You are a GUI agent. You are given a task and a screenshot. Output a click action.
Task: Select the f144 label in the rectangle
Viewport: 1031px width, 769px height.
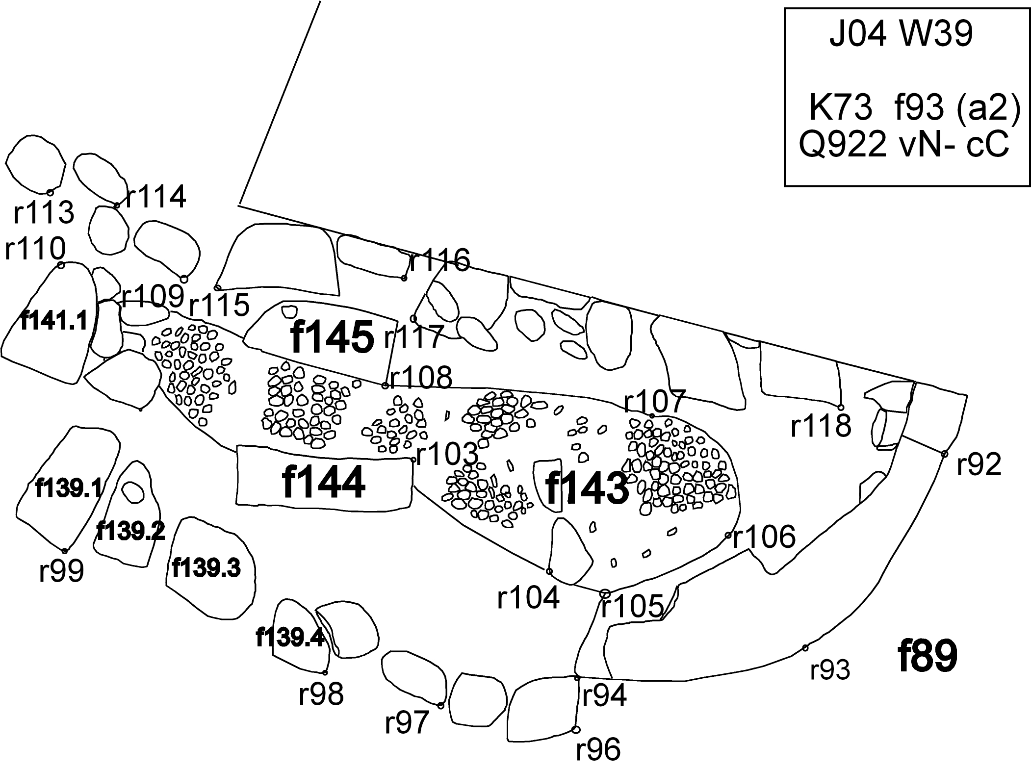tap(324, 483)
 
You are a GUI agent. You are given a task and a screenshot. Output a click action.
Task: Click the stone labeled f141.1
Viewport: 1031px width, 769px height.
tap(54, 322)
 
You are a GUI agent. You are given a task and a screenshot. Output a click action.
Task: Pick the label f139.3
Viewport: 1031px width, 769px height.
tap(206, 568)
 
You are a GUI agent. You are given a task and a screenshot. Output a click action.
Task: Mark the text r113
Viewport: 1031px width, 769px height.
tap(44, 212)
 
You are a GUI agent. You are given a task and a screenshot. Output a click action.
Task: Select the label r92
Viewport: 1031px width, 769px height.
tap(979, 464)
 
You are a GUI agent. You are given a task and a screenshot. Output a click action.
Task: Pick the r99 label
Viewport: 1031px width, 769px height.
tap(61, 571)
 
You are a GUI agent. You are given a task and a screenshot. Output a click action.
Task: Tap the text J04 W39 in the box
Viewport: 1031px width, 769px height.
tap(901, 35)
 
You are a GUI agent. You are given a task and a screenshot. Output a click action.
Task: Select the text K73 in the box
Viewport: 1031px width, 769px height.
tap(840, 108)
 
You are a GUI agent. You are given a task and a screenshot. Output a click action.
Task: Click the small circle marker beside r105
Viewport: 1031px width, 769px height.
tap(605, 593)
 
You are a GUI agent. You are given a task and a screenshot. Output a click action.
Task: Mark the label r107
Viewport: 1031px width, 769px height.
tap(654, 403)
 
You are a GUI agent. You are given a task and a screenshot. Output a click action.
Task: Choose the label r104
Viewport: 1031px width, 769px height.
tap(528, 597)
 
